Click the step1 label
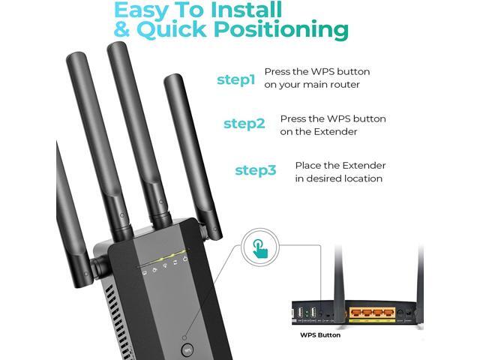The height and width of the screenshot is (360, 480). pyautogui.click(x=236, y=79)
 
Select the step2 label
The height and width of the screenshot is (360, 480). pyautogui.click(x=244, y=124)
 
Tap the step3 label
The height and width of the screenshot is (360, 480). pyautogui.click(x=256, y=170)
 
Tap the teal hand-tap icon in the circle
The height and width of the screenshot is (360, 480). pyautogui.click(x=260, y=249)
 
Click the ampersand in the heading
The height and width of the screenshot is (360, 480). pyautogui.click(x=121, y=30)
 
